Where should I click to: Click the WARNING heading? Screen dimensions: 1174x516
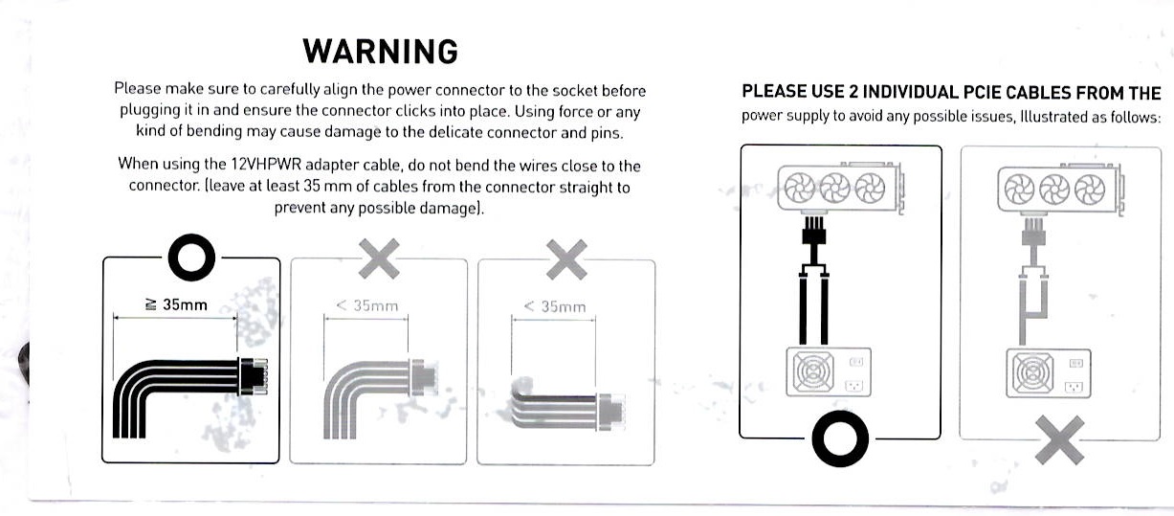pyautogui.click(x=381, y=52)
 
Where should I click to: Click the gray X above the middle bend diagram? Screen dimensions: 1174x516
pyautogui.click(x=379, y=258)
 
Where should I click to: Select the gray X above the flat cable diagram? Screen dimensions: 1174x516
pyautogui.click(x=566, y=259)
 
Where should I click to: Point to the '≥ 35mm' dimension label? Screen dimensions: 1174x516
pyautogui.click(x=176, y=304)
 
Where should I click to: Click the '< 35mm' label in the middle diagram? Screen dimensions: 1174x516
pyautogui.click(x=366, y=305)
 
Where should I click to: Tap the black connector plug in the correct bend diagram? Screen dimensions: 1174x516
pyautogui.click(x=254, y=376)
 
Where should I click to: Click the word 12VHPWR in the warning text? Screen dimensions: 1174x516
pyautogui.click(x=266, y=164)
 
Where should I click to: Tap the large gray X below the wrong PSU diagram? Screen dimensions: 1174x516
pyautogui.click(x=1059, y=440)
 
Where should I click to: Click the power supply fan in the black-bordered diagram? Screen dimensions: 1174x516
pyautogui.click(x=813, y=371)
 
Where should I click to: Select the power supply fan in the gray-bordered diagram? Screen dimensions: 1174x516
pyautogui.click(x=1032, y=373)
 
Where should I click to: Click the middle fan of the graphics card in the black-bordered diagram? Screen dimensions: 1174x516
pyautogui.click(x=834, y=188)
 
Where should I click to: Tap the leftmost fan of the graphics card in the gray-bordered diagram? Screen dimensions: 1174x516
pyautogui.click(x=1019, y=190)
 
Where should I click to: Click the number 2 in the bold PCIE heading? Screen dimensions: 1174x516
pyautogui.click(x=853, y=92)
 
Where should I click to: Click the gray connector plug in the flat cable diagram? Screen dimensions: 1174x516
pyautogui.click(x=611, y=412)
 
